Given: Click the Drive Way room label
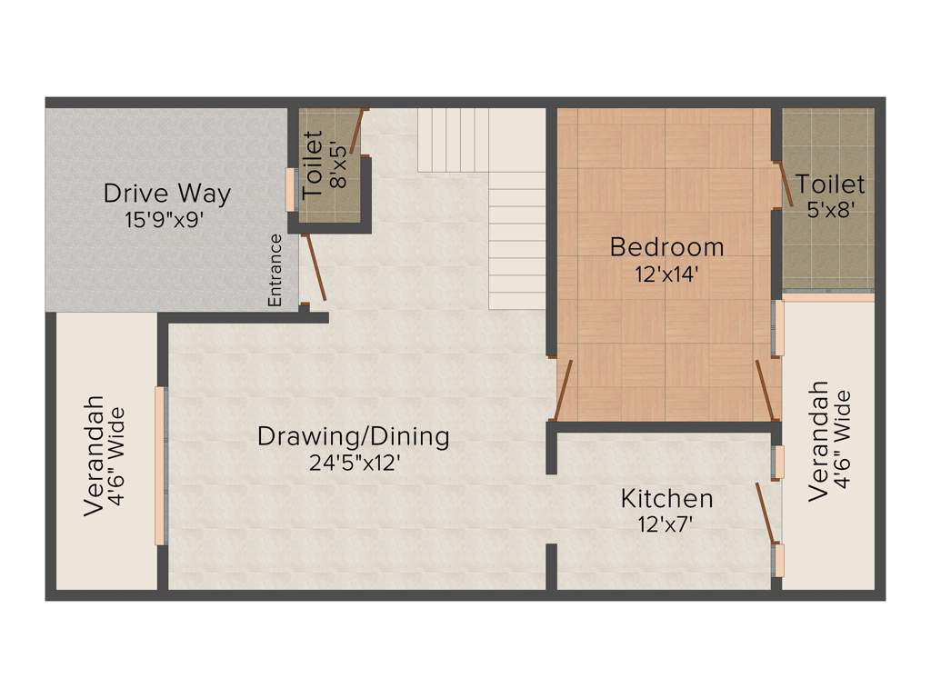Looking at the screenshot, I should click(x=166, y=194).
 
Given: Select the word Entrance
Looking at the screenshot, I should click(x=275, y=270).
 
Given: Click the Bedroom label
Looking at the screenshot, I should click(x=666, y=246).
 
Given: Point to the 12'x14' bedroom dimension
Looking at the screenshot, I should click(x=666, y=274).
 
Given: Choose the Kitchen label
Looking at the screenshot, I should click(x=666, y=498).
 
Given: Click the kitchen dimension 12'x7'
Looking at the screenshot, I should click(x=666, y=523).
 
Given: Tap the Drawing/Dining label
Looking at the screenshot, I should click(x=353, y=436).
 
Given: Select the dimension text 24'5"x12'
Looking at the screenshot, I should click(x=355, y=463).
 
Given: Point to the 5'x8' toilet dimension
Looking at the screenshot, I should click(x=829, y=209).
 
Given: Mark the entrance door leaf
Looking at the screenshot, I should click(x=315, y=268).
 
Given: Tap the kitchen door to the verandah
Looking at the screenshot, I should click(x=766, y=513).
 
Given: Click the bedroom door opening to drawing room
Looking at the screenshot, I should click(x=563, y=391).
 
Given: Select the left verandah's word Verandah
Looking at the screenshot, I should click(x=94, y=456).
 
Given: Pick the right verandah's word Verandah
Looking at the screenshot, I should click(x=818, y=441).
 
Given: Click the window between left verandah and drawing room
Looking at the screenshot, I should click(x=161, y=465).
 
